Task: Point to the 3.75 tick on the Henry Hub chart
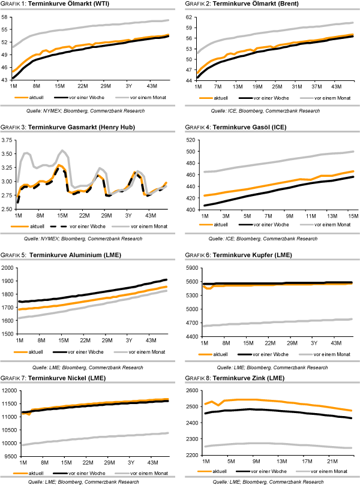(x=8, y=140)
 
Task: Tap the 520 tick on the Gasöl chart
(x=191, y=140)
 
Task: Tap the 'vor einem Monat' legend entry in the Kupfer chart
(x=327, y=354)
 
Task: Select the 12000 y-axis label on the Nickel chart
(x=9, y=391)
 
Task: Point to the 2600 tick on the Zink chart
(x=191, y=391)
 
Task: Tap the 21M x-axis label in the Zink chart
(x=330, y=462)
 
